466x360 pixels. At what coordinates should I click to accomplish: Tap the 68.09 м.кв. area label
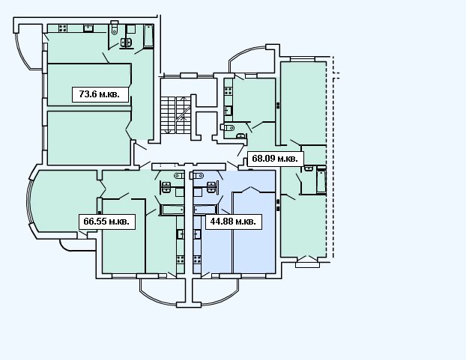pos(275,159)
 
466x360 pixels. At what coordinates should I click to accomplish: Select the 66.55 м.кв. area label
pos(107,222)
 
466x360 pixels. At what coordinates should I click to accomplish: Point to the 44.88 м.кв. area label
pos(234,222)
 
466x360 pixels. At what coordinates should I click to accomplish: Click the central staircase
pos(175,115)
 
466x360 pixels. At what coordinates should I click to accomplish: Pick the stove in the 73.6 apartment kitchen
pos(63,28)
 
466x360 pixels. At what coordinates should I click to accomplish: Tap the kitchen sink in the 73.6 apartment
pos(88,28)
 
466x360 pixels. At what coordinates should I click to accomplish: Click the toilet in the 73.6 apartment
pos(115,28)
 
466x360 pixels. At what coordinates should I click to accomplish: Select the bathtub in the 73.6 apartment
pos(148,36)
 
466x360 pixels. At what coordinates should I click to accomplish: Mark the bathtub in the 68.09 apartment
pos(321,181)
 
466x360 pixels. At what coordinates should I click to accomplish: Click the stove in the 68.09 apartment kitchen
pos(228,91)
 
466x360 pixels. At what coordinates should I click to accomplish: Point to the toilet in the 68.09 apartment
pos(227,128)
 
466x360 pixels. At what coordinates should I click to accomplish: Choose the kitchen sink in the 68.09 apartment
pos(228,111)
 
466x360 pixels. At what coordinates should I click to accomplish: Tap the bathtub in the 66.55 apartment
pos(172,210)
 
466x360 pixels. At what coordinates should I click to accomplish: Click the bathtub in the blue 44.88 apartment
pos(205,210)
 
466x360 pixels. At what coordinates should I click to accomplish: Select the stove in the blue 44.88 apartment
pos(197,259)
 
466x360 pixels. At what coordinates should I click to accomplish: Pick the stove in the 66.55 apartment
pos(181,259)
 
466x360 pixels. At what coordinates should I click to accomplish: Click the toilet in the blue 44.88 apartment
pos(197,175)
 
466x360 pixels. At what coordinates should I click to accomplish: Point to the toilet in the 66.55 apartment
pos(179,175)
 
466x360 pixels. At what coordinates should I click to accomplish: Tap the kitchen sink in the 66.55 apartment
pos(181,234)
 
